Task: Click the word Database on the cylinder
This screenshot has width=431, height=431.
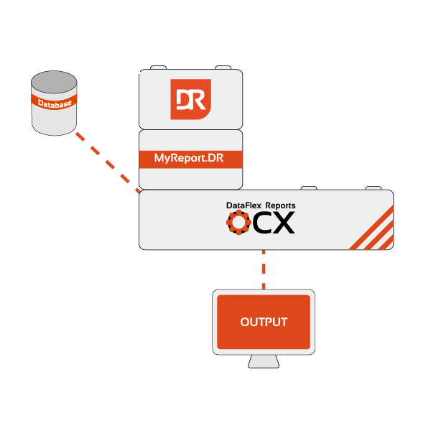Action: [55, 106]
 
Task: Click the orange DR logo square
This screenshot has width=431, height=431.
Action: [190, 99]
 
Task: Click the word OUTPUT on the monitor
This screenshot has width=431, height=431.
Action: [264, 322]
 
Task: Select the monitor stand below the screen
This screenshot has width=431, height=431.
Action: [264, 361]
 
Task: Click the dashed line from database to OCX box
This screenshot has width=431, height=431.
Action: [108, 161]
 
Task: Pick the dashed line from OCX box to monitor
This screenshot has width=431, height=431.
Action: [264, 270]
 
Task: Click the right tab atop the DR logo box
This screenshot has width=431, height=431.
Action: [223, 66]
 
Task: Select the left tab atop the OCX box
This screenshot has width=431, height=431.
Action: [309, 187]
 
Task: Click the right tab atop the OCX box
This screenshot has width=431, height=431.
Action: [374, 187]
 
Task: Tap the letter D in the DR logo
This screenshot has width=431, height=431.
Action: [184, 98]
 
